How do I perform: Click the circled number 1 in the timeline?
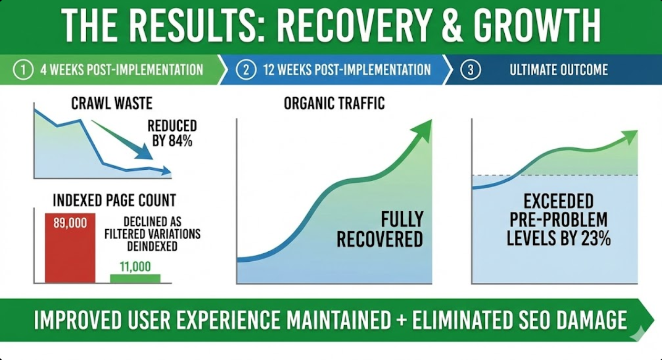click(x=23, y=70)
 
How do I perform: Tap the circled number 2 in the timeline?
click(x=246, y=70)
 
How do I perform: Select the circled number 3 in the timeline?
click(x=470, y=70)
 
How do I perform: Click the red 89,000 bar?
click(x=70, y=250)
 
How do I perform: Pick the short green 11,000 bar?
click(x=135, y=279)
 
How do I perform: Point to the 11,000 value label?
click(x=135, y=266)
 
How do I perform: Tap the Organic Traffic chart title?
click(x=334, y=104)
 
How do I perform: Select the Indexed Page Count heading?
click(x=114, y=200)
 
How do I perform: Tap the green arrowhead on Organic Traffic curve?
click(x=423, y=130)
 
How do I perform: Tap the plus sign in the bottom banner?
click(x=401, y=320)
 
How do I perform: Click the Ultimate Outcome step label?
click(x=558, y=70)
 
